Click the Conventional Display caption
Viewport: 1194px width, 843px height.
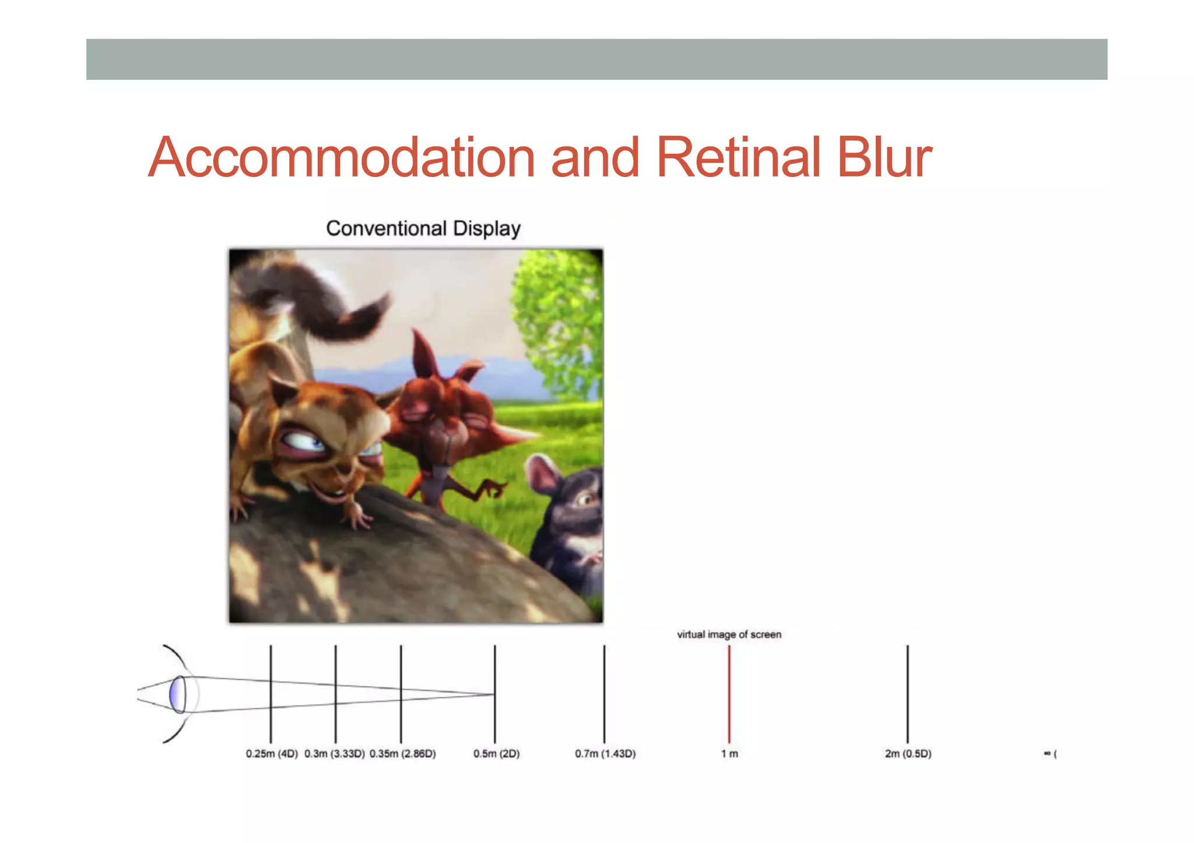click(423, 228)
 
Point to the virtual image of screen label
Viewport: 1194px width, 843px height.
click(729, 634)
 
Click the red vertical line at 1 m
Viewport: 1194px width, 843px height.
click(729, 693)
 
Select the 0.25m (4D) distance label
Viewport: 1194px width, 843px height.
click(272, 754)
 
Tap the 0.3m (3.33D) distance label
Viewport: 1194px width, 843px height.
click(335, 754)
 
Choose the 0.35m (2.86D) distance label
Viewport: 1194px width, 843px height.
click(402, 754)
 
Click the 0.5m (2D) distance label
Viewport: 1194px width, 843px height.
click(496, 754)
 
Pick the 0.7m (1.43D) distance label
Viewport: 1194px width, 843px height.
click(605, 754)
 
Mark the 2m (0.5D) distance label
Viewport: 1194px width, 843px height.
click(908, 754)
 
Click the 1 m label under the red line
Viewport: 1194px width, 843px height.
click(729, 754)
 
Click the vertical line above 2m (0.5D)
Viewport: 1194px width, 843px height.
click(907, 693)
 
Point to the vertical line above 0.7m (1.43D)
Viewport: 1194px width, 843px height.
click(604, 693)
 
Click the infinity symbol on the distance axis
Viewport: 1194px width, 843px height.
click(1047, 754)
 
